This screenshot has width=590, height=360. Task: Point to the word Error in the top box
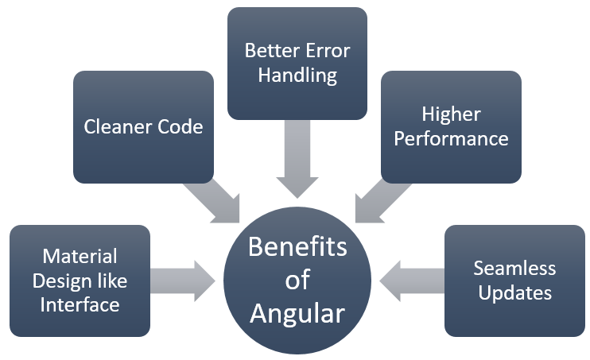pos(326,51)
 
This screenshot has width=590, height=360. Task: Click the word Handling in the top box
pos(297,76)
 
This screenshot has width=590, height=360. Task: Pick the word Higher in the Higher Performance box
pos(451,114)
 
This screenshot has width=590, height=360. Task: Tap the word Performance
pos(451,138)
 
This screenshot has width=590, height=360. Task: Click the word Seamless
pos(514,268)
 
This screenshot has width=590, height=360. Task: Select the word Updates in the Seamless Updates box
pos(514,292)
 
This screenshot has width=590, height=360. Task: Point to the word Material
pos(80,257)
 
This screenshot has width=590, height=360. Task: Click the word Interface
pos(80,304)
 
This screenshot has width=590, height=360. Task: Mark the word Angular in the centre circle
pos(297,313)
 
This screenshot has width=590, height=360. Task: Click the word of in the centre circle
pos(297,280)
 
